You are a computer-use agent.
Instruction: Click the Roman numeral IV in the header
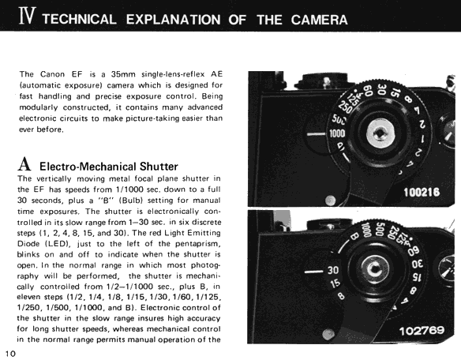tap(28, 16)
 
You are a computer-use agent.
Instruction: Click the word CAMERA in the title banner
tap(319, 20)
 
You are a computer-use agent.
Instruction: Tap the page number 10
tap(10, 353)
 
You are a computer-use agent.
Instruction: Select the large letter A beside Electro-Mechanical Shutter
tap(24, 164)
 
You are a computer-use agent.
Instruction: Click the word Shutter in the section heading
tap(159, 167)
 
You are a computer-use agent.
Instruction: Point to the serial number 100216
tap(422, 193)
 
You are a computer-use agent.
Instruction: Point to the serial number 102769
tap(422, 331)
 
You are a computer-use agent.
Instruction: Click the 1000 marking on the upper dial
tap(337, 134)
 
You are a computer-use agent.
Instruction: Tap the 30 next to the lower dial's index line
tap(333, 270)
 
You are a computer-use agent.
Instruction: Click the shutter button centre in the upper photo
tap(380, 134)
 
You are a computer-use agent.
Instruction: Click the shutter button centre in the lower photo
tap(375, 268)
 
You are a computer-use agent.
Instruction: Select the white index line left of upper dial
tap(317, 134)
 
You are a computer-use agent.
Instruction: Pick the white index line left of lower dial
tap(314, 271)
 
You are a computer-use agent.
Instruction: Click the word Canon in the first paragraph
tap(52, 74)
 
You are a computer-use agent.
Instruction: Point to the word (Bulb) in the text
tap(130, 201)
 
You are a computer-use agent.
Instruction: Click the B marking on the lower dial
tap(354, 236)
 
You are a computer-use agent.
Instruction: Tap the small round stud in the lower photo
tap(328, 334)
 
